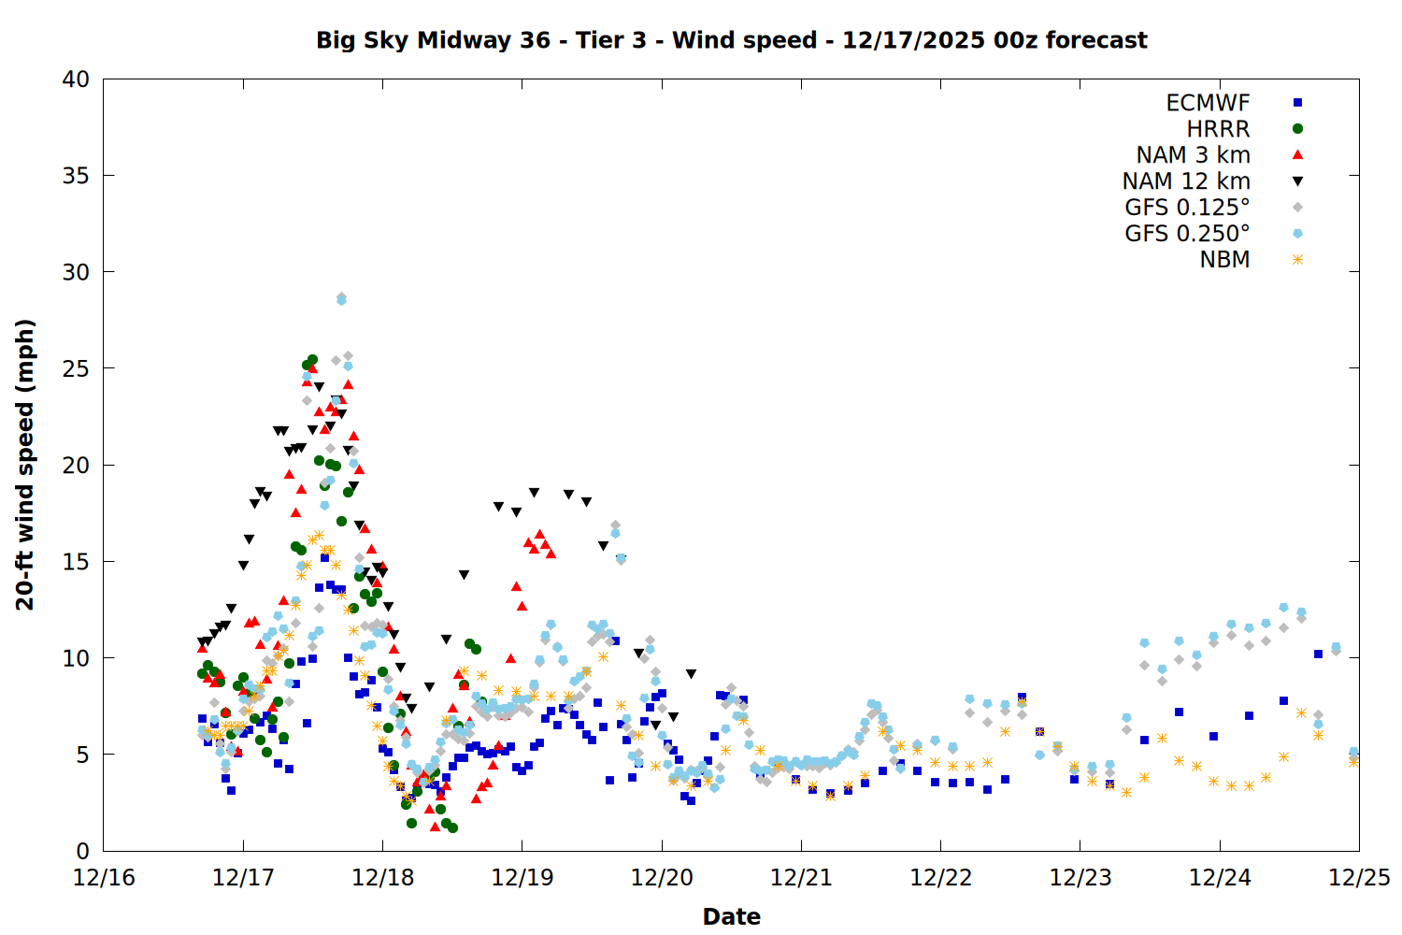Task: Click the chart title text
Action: pos(731,40)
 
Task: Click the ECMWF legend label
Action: pos(1208,103)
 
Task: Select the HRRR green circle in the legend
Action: pos(1297,129)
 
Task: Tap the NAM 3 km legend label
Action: pos(1193,155)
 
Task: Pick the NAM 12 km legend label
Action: pos(1186,181)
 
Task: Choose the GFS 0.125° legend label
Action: pos(1187,208)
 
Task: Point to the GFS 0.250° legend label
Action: pos(1187,234)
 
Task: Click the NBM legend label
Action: pos(1224,260)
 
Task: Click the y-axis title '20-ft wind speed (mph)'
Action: pos(25,465)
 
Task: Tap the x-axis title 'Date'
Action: pos(731,916)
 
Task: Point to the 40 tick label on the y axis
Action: pos(76,79)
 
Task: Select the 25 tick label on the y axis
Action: pos(76,368)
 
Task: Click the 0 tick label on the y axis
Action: pos(82,851)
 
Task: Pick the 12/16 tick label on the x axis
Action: pos(104,878)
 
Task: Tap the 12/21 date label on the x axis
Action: pos(801,878)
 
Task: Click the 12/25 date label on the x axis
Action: pos(1359,878)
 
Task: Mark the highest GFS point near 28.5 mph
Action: pos(341,298)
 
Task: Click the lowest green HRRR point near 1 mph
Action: pos(452,827)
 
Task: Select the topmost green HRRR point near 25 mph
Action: pos(312,359)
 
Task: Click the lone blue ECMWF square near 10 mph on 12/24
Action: pos(1318,654)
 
